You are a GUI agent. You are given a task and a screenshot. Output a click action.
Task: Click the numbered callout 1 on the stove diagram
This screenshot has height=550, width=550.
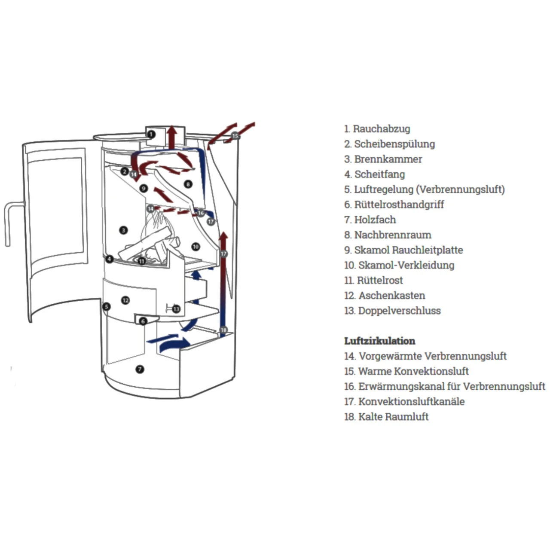(x=151, y=134)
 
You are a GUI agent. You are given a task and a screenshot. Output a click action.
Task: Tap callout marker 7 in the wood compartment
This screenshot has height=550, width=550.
(x=140, y=369)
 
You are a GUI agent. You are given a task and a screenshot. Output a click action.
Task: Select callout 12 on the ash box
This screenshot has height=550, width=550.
(x=125, y=300)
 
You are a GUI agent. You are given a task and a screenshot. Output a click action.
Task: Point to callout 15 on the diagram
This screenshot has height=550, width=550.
(x=235, y=136)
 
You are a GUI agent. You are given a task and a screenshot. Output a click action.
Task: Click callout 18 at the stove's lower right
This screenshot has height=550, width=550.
(x=223, y=330)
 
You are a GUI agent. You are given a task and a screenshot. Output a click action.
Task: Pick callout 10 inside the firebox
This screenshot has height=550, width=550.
(x=196, y=247)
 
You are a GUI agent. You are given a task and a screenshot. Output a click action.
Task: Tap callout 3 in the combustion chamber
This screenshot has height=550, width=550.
(x=123, y=230)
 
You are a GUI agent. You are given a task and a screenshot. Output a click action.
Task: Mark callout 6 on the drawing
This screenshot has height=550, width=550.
(x=143, y=321)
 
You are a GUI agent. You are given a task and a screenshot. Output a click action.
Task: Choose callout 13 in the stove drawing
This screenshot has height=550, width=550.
(x=176, y=309)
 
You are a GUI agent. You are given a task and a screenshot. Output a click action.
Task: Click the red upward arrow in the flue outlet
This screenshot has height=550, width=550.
(x=172, y=137)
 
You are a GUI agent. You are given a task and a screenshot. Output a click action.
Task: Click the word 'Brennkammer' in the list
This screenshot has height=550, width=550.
(x=388, y=159)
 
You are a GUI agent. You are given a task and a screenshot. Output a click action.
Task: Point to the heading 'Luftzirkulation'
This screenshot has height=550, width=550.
(x=379, y=341)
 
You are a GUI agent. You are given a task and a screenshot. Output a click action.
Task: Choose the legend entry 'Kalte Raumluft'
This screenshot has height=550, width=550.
(x=393, y=417)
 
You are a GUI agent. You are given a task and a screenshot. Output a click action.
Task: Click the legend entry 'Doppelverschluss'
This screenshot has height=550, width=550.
(x=399, y=311)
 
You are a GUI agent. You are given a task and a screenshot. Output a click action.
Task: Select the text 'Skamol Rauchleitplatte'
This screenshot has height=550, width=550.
(x=408, y=250)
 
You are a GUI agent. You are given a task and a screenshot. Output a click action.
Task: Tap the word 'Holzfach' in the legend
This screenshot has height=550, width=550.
(x=375, y=220)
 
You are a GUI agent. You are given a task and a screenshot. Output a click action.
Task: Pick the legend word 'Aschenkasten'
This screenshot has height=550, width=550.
(x=391, y=296)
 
